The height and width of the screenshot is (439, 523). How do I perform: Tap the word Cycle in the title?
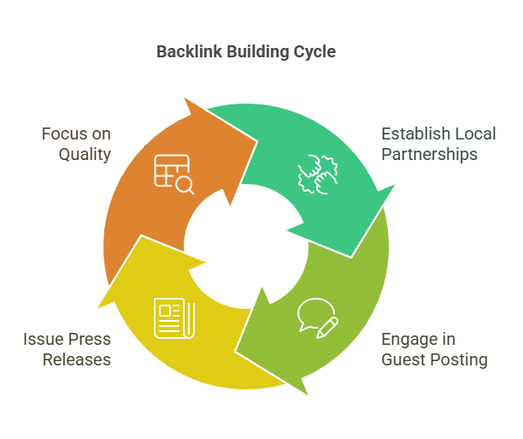tap(314, 52)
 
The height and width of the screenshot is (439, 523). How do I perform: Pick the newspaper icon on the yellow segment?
tap(173, 316)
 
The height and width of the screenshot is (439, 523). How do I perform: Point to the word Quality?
tap(85, 154)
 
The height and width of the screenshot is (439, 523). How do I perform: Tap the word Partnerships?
tap(429, 154)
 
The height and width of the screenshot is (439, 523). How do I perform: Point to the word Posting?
tap(458, 359)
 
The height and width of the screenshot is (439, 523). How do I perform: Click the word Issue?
tap(43, 340)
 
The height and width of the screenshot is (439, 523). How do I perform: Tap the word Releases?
tap(77, 359)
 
